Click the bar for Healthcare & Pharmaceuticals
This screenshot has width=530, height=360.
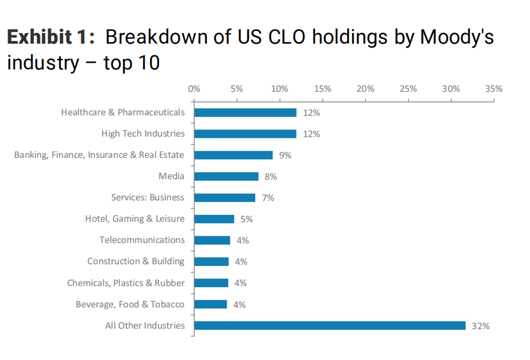tap(245, 113)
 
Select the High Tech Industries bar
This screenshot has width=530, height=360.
tap(245, 134)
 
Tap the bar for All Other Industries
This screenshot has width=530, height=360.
tap(330, 325)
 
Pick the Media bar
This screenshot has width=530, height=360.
tap(226, 176)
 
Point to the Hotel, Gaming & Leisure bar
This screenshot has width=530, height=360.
tap(214, 219)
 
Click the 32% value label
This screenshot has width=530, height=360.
tap(480, 326)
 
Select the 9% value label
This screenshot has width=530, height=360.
tap(285, 156)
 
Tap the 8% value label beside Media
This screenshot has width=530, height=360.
tap(271, 177)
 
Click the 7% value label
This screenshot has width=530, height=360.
tap(268, 198)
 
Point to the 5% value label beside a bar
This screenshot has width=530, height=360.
tap(247, 219)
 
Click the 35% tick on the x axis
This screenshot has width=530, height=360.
tap(494, 88)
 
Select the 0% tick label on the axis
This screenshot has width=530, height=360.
tap(194, 88)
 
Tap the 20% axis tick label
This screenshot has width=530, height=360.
tap(365, 88)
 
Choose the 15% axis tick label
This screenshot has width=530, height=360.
tap(322, 88)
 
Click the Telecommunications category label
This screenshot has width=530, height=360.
tap(142, 240)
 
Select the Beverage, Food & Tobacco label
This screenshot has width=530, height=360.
tap(130, 304)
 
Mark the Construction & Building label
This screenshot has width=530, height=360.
tap(136, 261)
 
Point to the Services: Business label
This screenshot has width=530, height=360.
tap(148, 198)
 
